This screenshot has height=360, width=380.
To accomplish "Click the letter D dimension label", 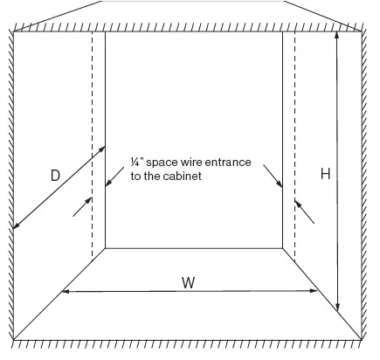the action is point(55,176).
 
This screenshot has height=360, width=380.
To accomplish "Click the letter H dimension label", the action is point(325,174).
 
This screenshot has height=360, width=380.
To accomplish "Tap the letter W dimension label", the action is point(189,282).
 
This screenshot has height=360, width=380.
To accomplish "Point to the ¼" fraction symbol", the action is point(135,162).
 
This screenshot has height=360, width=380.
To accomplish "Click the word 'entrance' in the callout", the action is point(228,162).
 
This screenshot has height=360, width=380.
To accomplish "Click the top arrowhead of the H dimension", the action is point(337,35).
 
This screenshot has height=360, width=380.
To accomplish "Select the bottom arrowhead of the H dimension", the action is point(337,308).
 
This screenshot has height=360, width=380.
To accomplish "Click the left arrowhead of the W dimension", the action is point(66,291).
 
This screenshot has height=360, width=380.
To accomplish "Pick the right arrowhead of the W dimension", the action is point(314,291).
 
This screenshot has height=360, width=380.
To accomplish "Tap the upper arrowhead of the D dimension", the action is point(101,149).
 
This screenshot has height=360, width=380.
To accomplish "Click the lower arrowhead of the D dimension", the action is point(17,225).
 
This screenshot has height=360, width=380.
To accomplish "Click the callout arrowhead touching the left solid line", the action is point(108,183).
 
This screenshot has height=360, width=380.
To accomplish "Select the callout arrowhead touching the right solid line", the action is point(279,184).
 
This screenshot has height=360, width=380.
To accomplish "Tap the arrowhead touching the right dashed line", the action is point(298,204).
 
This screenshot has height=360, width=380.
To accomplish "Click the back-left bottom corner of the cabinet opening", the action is point(105,248).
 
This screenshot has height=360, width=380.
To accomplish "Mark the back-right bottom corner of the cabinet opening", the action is point(282,248).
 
